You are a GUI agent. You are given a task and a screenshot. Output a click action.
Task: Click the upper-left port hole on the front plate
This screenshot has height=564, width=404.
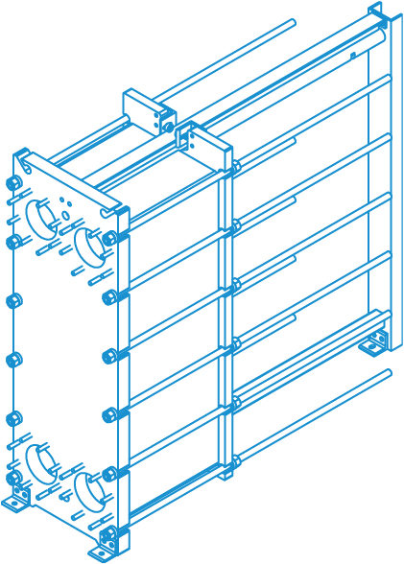(41, 217)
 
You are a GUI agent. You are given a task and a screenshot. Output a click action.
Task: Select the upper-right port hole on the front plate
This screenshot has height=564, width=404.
(90, 246)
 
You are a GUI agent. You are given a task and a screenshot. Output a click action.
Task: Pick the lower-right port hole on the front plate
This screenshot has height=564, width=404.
(90, 492)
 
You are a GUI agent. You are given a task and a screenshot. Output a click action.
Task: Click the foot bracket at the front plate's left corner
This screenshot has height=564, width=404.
(16, 500)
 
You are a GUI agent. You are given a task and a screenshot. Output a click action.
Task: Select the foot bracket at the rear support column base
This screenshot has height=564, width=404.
(374, 342)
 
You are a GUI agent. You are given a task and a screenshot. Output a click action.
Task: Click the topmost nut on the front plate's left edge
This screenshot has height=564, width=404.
(13, 182)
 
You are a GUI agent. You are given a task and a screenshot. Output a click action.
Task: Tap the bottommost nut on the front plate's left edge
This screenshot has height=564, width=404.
(13, 478)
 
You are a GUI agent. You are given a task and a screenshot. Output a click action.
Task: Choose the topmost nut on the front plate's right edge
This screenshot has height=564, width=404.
(110, 238)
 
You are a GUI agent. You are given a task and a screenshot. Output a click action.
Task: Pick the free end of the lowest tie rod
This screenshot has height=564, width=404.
(388, 372)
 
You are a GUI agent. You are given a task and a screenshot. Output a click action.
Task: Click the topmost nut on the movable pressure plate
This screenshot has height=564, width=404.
(235, 167)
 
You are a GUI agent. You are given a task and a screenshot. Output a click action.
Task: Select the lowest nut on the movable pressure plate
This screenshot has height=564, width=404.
(234, 462)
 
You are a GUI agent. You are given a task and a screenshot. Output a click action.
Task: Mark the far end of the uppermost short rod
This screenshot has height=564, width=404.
(292, 23)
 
